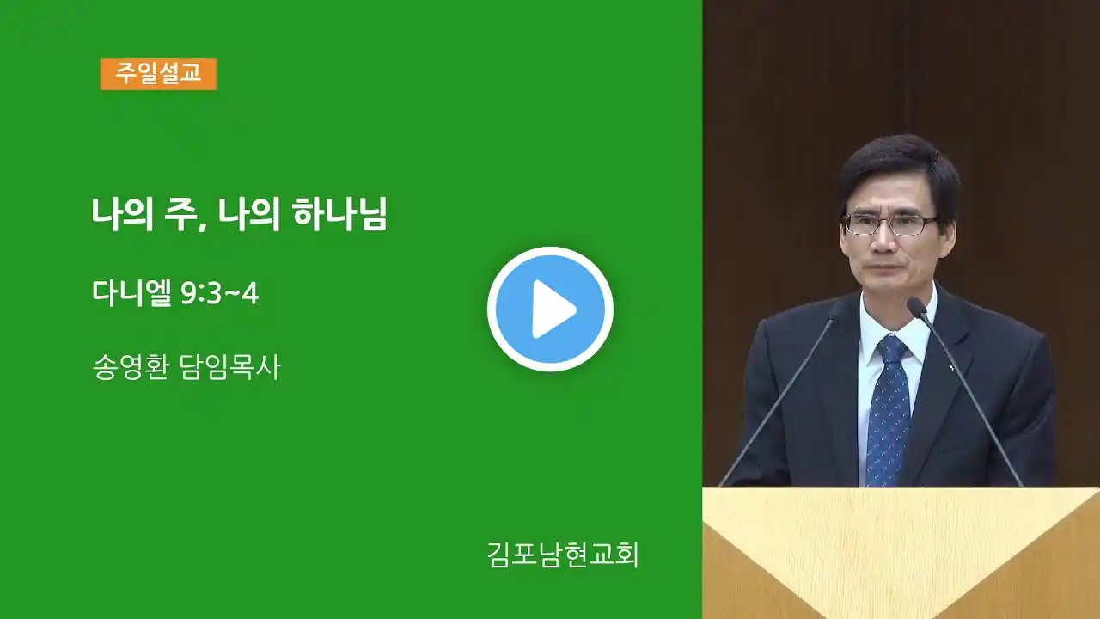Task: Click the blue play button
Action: [550, 309]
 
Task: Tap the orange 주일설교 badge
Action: [158, 74]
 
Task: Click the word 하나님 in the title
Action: [339, 214]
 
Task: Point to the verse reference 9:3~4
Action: [219, 294]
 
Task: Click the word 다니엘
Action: [132, 293]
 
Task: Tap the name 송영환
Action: [131, 367]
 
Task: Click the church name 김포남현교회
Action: [563, 555]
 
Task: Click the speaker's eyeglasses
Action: [889, 224]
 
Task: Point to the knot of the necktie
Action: [892, 348]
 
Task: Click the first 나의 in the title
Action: [122, 215]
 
